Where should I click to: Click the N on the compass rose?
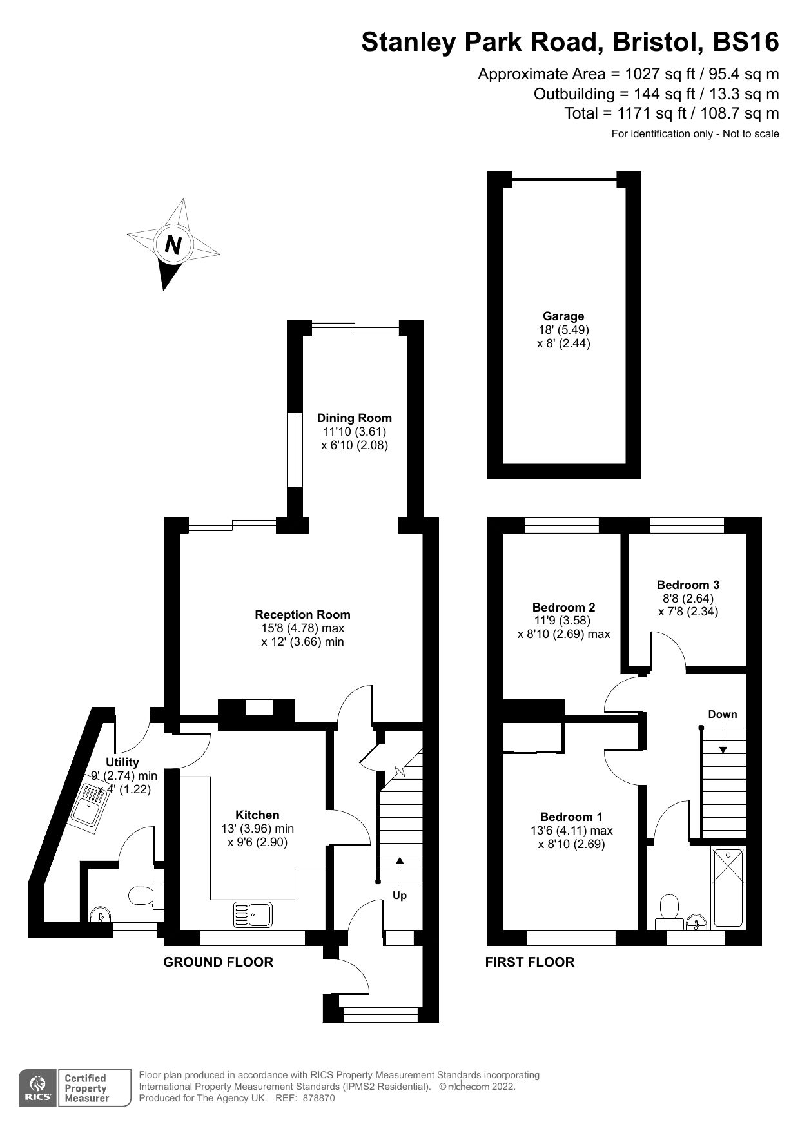173,244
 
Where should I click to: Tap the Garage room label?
563,316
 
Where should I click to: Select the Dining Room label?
354,418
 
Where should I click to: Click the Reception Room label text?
302,614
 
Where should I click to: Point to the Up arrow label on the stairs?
400,895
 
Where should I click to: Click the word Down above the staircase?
722,714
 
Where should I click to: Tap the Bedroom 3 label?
688,585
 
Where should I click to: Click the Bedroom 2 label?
563,607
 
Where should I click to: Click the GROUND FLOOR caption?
218,962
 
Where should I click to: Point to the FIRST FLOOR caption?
529,962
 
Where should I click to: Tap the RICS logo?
38,1088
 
